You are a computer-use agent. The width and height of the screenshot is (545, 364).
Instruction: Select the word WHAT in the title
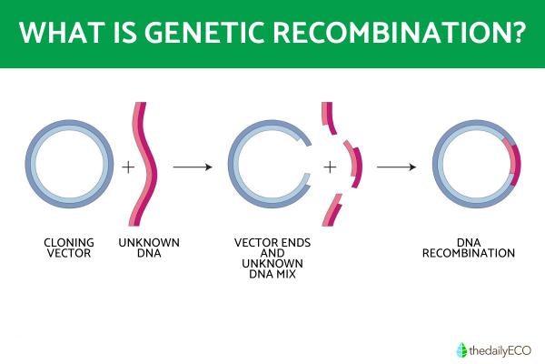point(61,33)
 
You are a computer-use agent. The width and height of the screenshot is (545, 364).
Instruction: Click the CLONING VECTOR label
point(68,248)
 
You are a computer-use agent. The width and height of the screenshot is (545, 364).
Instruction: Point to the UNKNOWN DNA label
point(149,248)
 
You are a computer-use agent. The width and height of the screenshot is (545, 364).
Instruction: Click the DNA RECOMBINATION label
point(469,248)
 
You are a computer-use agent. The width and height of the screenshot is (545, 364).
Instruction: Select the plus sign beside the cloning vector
point(128,167)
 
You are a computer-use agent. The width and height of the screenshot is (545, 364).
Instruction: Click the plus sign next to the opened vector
point(330,167)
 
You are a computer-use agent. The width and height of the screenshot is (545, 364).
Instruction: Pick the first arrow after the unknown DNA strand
point(193,167)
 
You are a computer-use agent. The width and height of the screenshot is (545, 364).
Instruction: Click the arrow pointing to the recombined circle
point(396,167)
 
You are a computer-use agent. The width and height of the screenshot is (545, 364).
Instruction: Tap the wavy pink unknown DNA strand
point(148,164)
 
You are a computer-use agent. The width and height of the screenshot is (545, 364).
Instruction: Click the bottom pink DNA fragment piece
point(334,212)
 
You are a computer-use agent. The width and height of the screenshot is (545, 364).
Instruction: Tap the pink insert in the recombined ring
point(515,165)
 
